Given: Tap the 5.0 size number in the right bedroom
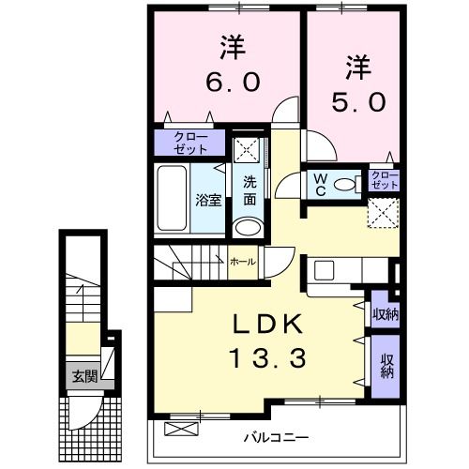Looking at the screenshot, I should pyautogui.click(x=357, y=101).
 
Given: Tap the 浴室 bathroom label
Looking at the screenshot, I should pyautogui.click(x=206, y=200).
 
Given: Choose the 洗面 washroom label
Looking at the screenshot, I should pyautogui.click(x=250, y=190).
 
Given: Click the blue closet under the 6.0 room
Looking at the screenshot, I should pyautogui.click(x=190, y=143).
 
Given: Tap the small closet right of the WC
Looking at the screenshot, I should pyautogui.click(x=385, y=179).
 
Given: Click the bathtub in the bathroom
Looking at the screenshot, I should pyautogui.click(x=176, y=199).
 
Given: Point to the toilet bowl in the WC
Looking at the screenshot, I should pyautogui.click(x=347, y=183).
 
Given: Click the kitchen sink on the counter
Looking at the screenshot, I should pyautogui.click(x=325, y=269).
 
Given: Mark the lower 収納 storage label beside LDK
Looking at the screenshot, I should pyautogui.click(x=386, y=364).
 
